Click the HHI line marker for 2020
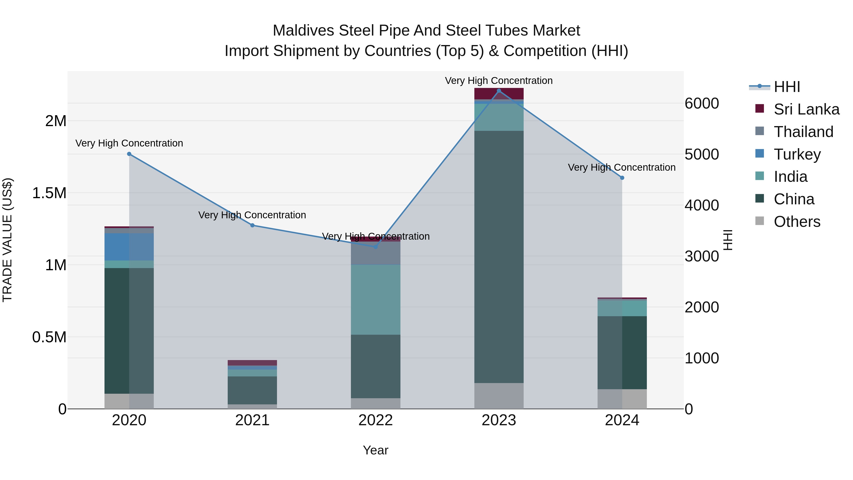tap(129, 154)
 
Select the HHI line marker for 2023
tap(499, 91)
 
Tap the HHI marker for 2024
tap(622, 178)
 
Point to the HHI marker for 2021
tap(252, 225)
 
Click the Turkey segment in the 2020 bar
tap(129, 247)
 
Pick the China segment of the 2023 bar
tap(499, 257)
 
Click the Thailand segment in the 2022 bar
tap(376, 253)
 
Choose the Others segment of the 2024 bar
tap(622, 399)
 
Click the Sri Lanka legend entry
tap(806, 109)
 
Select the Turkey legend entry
tap(797, 154)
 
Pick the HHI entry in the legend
tap(787, 87)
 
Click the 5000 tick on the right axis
tap(702, 154)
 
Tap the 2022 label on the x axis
tap(376, 420)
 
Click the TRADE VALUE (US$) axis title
tap(7, 240)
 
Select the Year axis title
tap(376, 450)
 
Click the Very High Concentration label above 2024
tap(622, 167)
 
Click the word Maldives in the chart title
tap(303, 31)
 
